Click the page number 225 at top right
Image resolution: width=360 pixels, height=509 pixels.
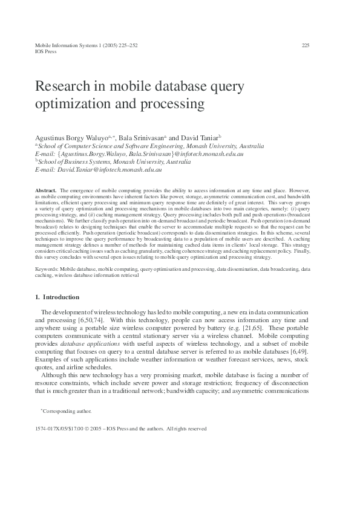tap(306, 45)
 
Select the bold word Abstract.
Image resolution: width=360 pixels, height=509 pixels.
tap(46, 190)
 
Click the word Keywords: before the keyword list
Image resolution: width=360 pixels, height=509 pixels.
tap(47, 267)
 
